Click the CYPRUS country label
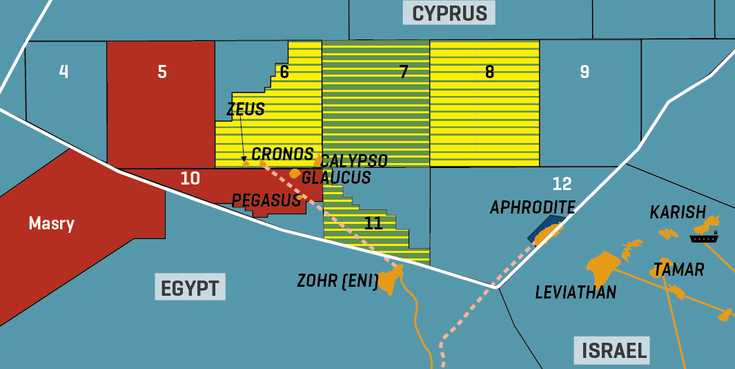[x=449, y=12]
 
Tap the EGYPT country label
[x=190, y=287]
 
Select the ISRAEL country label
[x=614, y=350]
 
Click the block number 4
[x=63, y=72]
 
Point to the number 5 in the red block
[x=162, y=72]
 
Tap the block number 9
[x=585, y=72]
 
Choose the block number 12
[x=562, y=184]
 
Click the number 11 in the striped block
[x=373, y=223]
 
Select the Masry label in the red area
[x=51, y=223]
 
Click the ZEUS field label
[x=245, y=109]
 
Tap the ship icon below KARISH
[x=704, y=238]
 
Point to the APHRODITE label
[x=532, y=207]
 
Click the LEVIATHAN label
[x=576, y=293]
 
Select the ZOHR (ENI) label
[x=337, y=281]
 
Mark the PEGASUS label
[x=266, y=200]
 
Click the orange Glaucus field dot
[x=295, y=173]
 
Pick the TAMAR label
[x=678, y=269]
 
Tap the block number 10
[x=190, y=178]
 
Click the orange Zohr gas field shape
[x=390, y=281]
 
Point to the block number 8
[x=489, y=72]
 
